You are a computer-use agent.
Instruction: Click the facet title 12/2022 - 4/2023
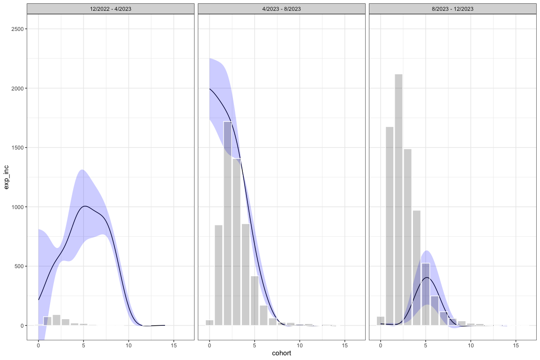pyautogui.click(x=110, y=8)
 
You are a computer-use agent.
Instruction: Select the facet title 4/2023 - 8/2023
pyautogui.click(x=281, y=8)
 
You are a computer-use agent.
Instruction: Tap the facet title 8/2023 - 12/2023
pyautogui.click(x=452, y=8)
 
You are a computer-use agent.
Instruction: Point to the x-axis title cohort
pyautogui.click(x=281, y=353)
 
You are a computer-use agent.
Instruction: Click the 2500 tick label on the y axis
pyautogui.click(x=18, y=29)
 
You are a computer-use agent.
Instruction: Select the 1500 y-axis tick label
pyautogui.click(x=18, y=148)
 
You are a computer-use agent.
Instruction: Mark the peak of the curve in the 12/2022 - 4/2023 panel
pyautogui.click(x=84, y=206)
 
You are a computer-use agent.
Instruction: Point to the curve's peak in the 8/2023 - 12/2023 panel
pyautogui.click(x=426, y=277)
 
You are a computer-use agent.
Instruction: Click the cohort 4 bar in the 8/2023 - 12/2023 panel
pyautogui.click(x=417, y=268)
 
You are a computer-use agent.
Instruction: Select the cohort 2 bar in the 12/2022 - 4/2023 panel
pyautogui.click(x=56, y=320)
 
